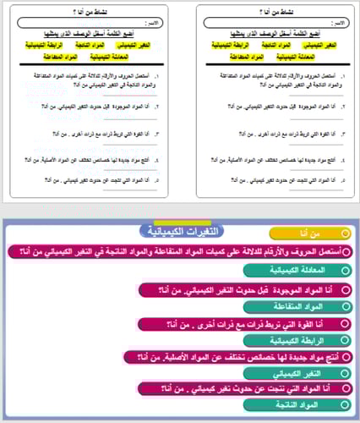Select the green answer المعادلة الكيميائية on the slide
(296, 270)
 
